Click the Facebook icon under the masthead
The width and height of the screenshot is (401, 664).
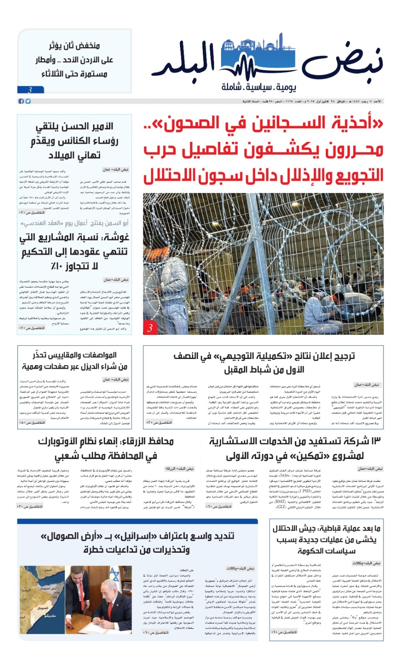(21, 101)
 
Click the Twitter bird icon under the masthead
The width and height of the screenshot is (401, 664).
(27, 101)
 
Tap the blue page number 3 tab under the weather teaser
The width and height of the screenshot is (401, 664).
(30, 90)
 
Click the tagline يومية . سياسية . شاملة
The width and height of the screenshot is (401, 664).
(258, 87)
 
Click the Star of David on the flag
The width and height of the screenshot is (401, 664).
(114, 576)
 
